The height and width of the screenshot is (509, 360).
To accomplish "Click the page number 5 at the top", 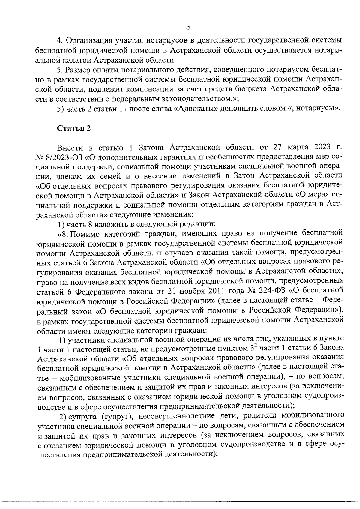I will pyautogui.click(x=189, y=28).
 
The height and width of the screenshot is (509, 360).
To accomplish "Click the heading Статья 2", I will pyautogui.click(x=74, y=128).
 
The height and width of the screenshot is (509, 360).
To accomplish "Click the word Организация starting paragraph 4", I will pyautogui.click(x=87, y=40).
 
